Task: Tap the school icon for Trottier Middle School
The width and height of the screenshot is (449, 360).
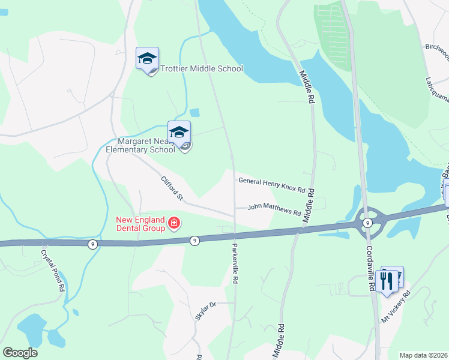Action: point(147,59)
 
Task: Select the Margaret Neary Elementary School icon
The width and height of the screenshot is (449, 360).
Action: point(179,133)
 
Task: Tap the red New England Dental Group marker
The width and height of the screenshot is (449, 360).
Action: point(174,224)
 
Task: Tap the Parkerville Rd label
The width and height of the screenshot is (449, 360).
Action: point(236,263)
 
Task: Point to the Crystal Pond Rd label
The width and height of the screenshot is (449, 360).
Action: point(52,271)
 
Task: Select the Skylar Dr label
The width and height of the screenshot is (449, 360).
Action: point(205,312)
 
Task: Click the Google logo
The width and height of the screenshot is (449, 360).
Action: point(20,353)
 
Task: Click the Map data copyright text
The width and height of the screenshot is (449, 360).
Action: point(424,355)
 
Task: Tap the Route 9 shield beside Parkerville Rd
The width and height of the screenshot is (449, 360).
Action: point(194,241)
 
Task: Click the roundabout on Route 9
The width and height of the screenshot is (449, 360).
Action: point(366,221)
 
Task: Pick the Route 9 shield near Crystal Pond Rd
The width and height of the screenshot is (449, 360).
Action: point(92,244)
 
